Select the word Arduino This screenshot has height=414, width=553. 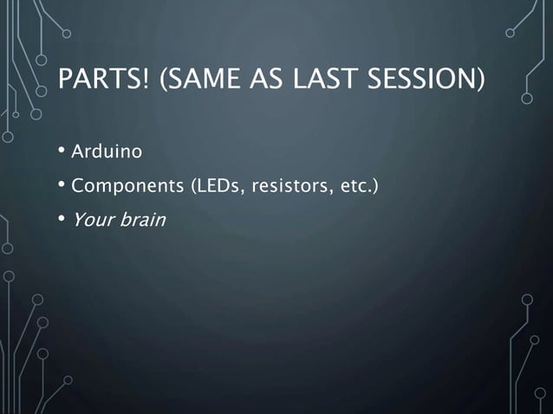[x=107, y=153]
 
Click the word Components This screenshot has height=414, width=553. [x=127, y=186]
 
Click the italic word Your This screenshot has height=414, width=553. [x=89, y=219]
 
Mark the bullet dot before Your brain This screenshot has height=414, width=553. [x=62, y=219]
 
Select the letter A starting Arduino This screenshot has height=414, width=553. [x=77, y=153]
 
